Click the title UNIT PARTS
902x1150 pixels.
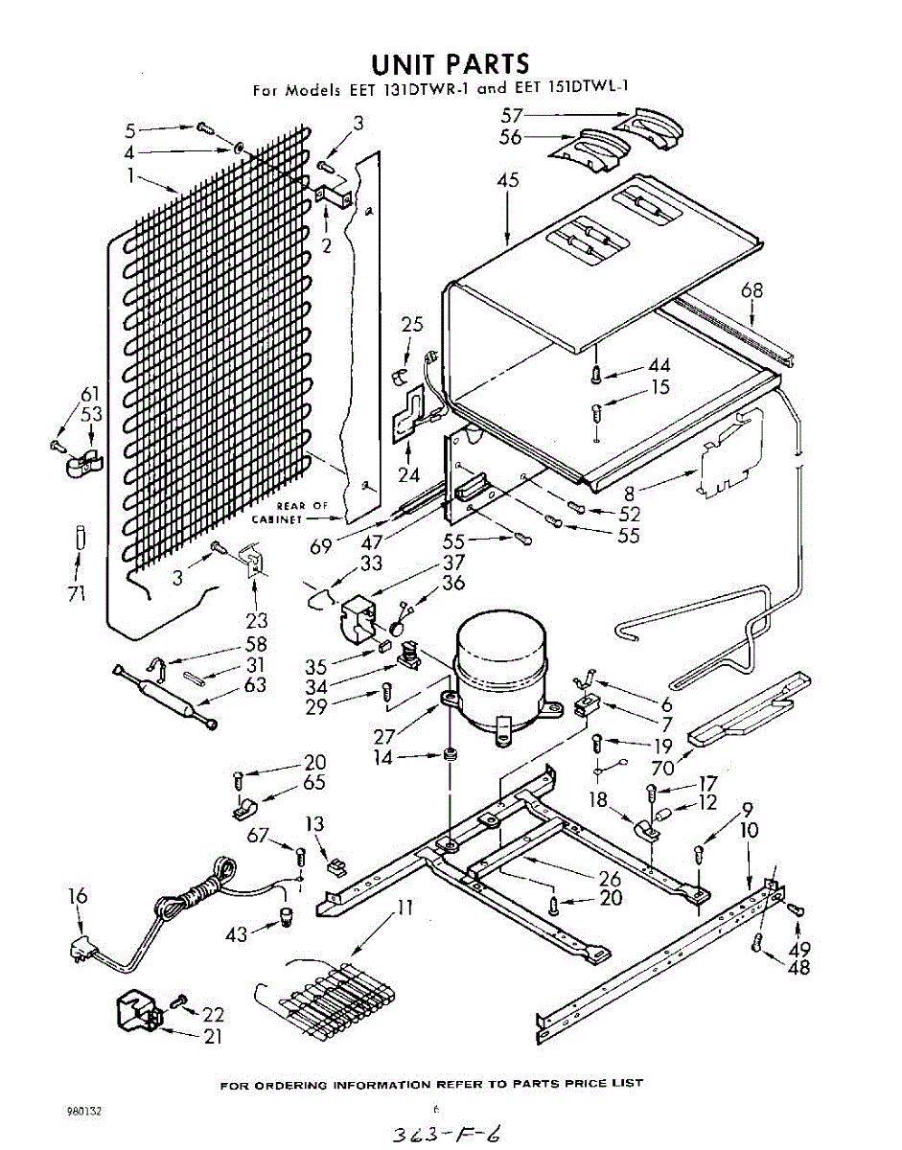[450, 64]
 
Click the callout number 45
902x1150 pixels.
[508, 181]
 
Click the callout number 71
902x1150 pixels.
[77, 593]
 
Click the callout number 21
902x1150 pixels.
[212, 1036]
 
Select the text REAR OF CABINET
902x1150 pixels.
[290, 512]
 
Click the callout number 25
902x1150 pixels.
[412, 325]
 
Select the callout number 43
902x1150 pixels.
[236, 931]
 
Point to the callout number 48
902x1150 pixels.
[798, 967]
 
